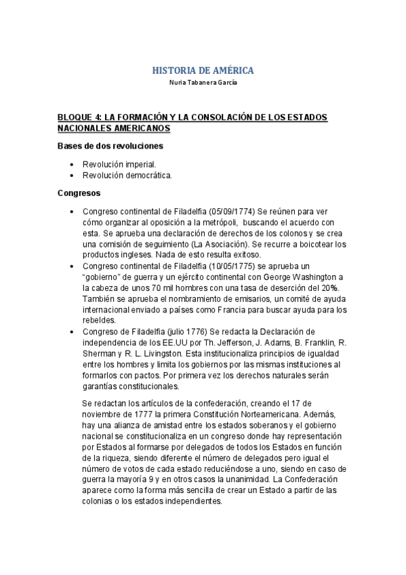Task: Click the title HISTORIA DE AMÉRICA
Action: click(203, 71)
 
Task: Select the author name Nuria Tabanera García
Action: click(203, 83)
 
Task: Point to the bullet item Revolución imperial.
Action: click(119, 164)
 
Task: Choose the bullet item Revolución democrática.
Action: click(127, 175)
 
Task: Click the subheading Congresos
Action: click(79, 193)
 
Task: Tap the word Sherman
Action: click(100, 353)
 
